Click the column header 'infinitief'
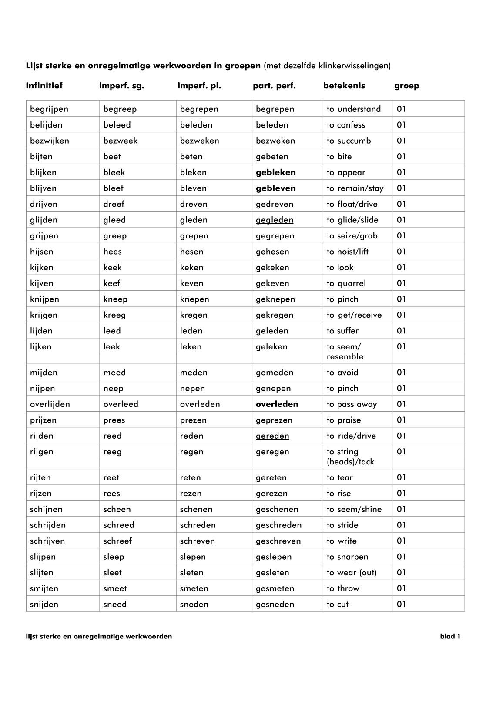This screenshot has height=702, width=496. pos(44,86)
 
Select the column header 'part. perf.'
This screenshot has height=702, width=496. pos(274,86)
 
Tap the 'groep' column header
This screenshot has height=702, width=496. pos(406,86)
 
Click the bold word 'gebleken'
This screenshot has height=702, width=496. pos(275,172)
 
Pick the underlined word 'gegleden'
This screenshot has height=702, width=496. pos(274,220)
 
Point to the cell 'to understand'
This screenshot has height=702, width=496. pos(353,109)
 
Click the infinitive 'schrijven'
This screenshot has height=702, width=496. pos(47,541)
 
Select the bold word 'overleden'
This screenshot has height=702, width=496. pos(277,404)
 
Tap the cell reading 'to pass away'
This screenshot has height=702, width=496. pos(352,404)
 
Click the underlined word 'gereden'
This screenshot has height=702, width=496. pos(272,436)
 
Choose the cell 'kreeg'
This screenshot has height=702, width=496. pos(114,315)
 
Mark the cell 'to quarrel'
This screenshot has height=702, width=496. pos(346,283)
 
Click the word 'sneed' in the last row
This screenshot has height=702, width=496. pos(115,605)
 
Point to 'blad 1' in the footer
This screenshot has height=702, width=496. pos(450,637)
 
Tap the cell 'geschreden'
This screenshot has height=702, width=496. pos(278,525)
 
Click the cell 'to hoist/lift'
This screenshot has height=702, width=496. pos(347,252)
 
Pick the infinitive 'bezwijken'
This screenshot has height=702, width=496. pos(49,141)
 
